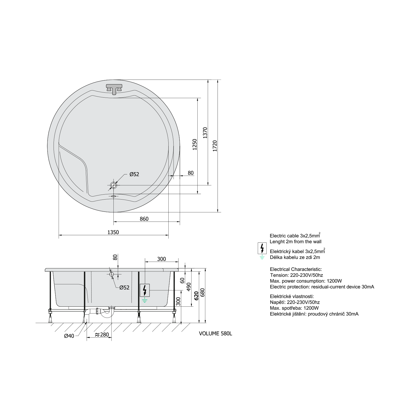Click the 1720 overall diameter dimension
(215, 146)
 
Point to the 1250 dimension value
(195, 145)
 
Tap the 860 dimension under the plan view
(144, 219)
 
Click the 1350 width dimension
(113, 232)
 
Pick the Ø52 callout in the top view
(134, 174)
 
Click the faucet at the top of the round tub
(114, 89)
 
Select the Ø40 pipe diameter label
(69, 336)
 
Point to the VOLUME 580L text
(215, 333)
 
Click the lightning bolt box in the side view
(145, 290)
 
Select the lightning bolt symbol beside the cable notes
(262, 248)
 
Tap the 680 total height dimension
(203, 293)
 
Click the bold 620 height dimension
(196, 296)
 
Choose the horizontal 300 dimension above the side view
(161, 259)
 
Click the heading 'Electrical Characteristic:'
(296, 269)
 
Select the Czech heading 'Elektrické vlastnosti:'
(292, 296)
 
